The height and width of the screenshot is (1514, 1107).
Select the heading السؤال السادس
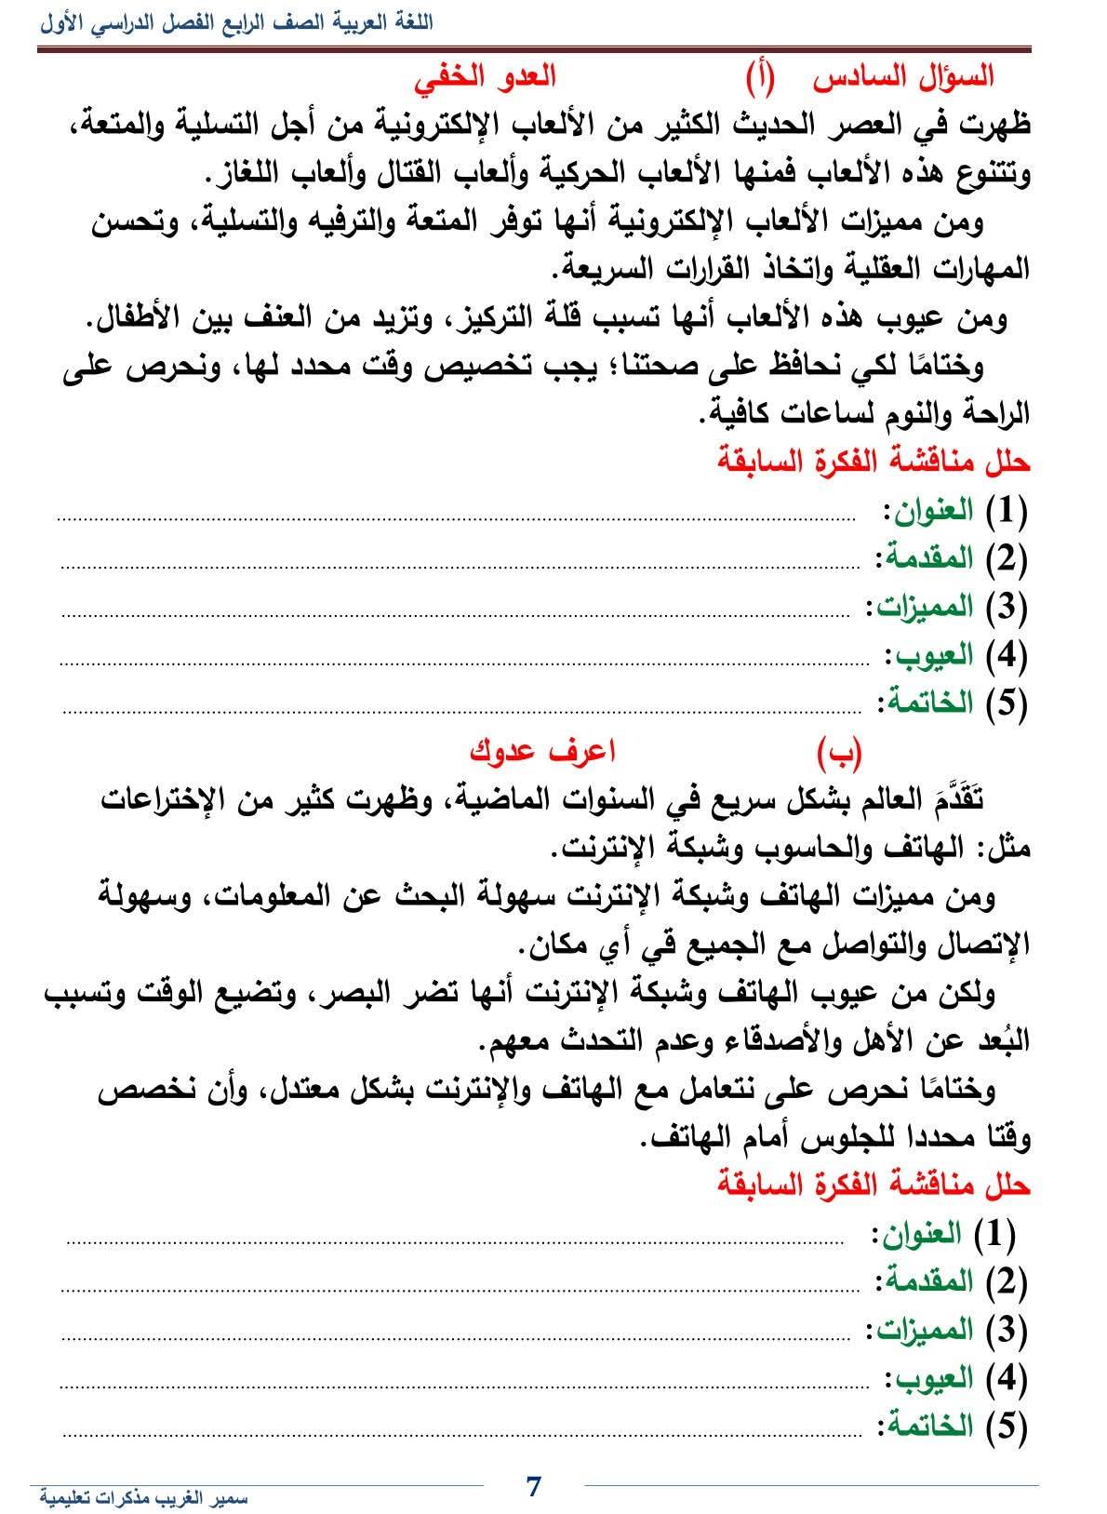[903, 76]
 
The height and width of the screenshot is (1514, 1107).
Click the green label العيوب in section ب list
[936, 1377]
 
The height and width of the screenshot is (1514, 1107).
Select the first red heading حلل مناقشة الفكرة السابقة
[874, 462]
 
